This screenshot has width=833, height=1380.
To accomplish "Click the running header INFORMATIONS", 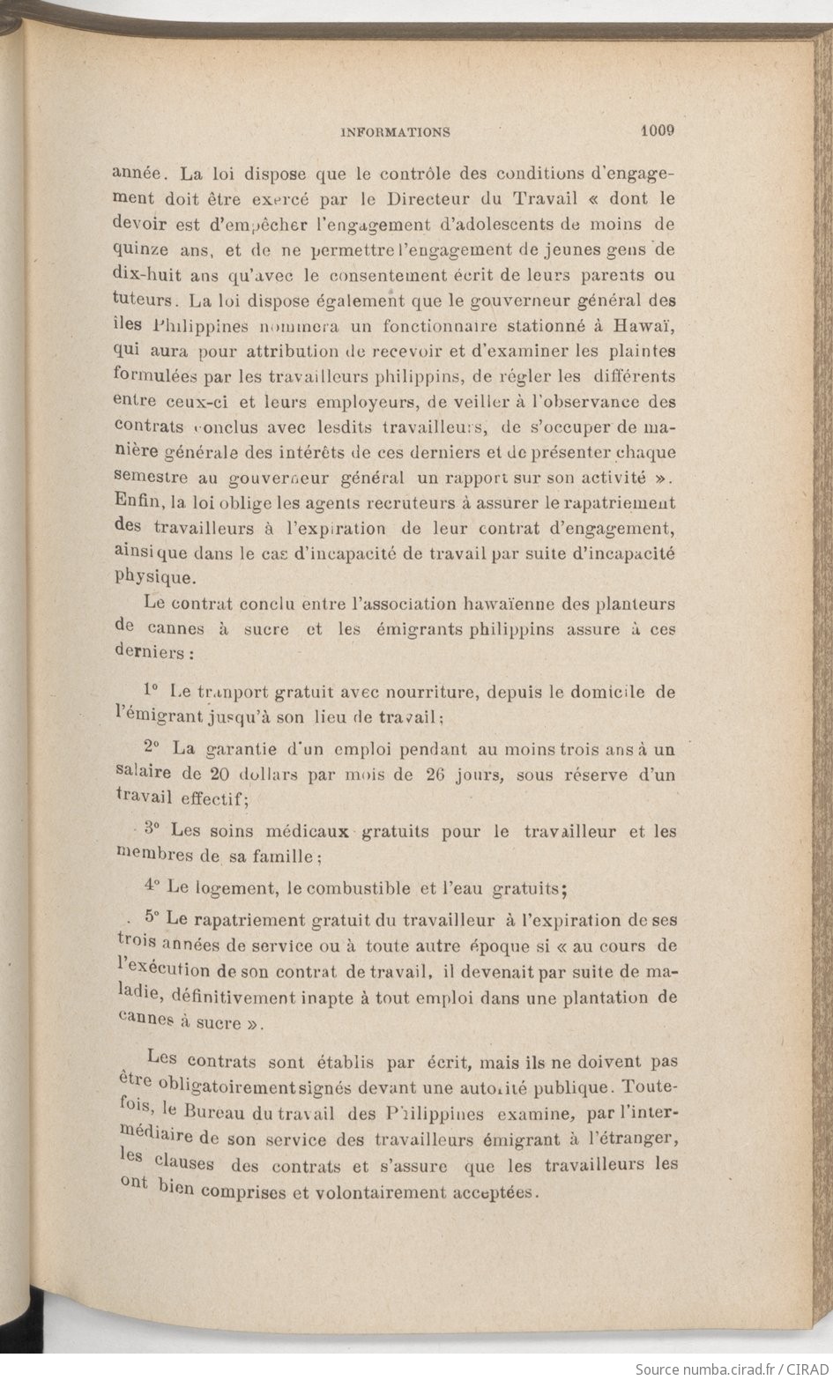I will [x=395, y=133].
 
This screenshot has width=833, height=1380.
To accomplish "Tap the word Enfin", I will [x=134, y=502].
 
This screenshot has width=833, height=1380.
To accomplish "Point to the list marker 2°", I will [x=150, y=747].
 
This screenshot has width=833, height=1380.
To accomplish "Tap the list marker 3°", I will [x=152, y=829].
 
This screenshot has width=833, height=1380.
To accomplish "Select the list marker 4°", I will [x=151, y=887].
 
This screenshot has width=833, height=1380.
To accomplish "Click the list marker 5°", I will [x=149, y=917].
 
